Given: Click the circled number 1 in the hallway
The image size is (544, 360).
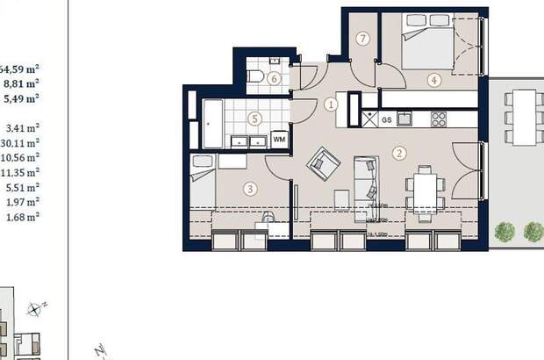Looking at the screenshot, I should pyautogui.click(x=331, y=104).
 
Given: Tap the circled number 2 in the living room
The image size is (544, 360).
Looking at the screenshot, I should pyautogui.click(x=400, y=153).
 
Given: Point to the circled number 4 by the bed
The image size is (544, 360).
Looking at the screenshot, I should pyautogui.click(x=433, y=79).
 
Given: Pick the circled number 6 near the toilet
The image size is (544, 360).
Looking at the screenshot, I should pyautogui.click(x=275, y=79).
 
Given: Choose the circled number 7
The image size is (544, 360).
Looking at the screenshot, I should pyautogui.click(x=362, y=38).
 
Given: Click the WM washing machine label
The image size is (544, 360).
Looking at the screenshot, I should pyautogui.click(x=280, y=139).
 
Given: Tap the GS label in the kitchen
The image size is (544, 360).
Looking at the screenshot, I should pyautogui.click(x=386, y=118).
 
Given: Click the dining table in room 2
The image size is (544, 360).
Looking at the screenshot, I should pyautogui.click(x=426, y=187).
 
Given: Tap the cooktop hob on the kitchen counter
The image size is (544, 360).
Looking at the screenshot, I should pyautogui.click(x=438, y=118).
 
